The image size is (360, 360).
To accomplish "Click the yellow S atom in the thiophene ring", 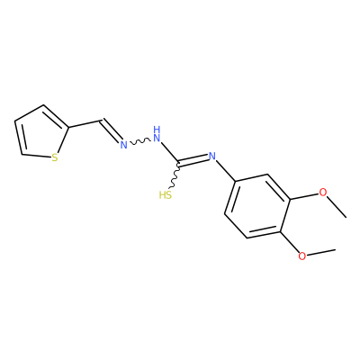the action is [54, 157].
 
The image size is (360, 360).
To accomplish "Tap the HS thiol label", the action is [166, 195].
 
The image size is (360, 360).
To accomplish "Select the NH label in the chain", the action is [157, 134].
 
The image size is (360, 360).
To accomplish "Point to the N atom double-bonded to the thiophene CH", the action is [123, 145].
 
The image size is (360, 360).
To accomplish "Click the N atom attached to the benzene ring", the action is [212, 157].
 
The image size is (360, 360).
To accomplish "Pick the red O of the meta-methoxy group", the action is [322, 193].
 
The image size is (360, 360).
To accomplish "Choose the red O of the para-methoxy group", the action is [302, 256].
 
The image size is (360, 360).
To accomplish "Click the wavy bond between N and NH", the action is [140, 141].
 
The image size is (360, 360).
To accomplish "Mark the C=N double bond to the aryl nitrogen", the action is [193, 160].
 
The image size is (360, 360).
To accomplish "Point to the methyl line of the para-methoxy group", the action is [320, 252].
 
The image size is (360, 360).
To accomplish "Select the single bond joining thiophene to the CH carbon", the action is [85, 124].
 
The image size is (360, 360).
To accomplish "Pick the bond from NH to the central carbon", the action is [170, 152].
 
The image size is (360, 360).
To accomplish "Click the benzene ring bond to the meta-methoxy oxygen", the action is [304, 196].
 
